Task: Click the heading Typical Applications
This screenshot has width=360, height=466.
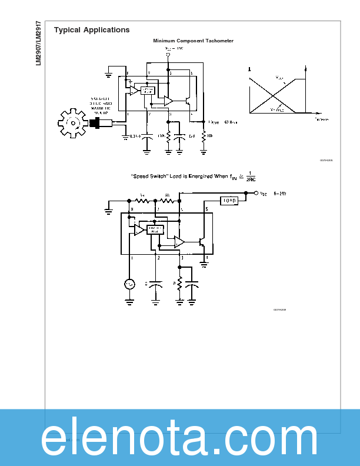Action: click(92, 30)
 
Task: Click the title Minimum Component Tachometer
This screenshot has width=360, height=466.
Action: click(193, 41)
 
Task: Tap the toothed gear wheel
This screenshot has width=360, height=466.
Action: click(73, 122)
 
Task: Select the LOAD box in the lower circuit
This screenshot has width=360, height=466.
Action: click(229, 201)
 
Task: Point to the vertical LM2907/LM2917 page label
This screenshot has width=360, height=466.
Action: click(38, 44)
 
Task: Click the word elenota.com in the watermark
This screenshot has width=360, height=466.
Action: click(179, 438)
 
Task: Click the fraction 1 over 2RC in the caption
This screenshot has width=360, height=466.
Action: click(251, 177)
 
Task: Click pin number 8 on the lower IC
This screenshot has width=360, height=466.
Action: click(132, 209)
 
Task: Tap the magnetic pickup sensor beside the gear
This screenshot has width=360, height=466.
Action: click(101, 123)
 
